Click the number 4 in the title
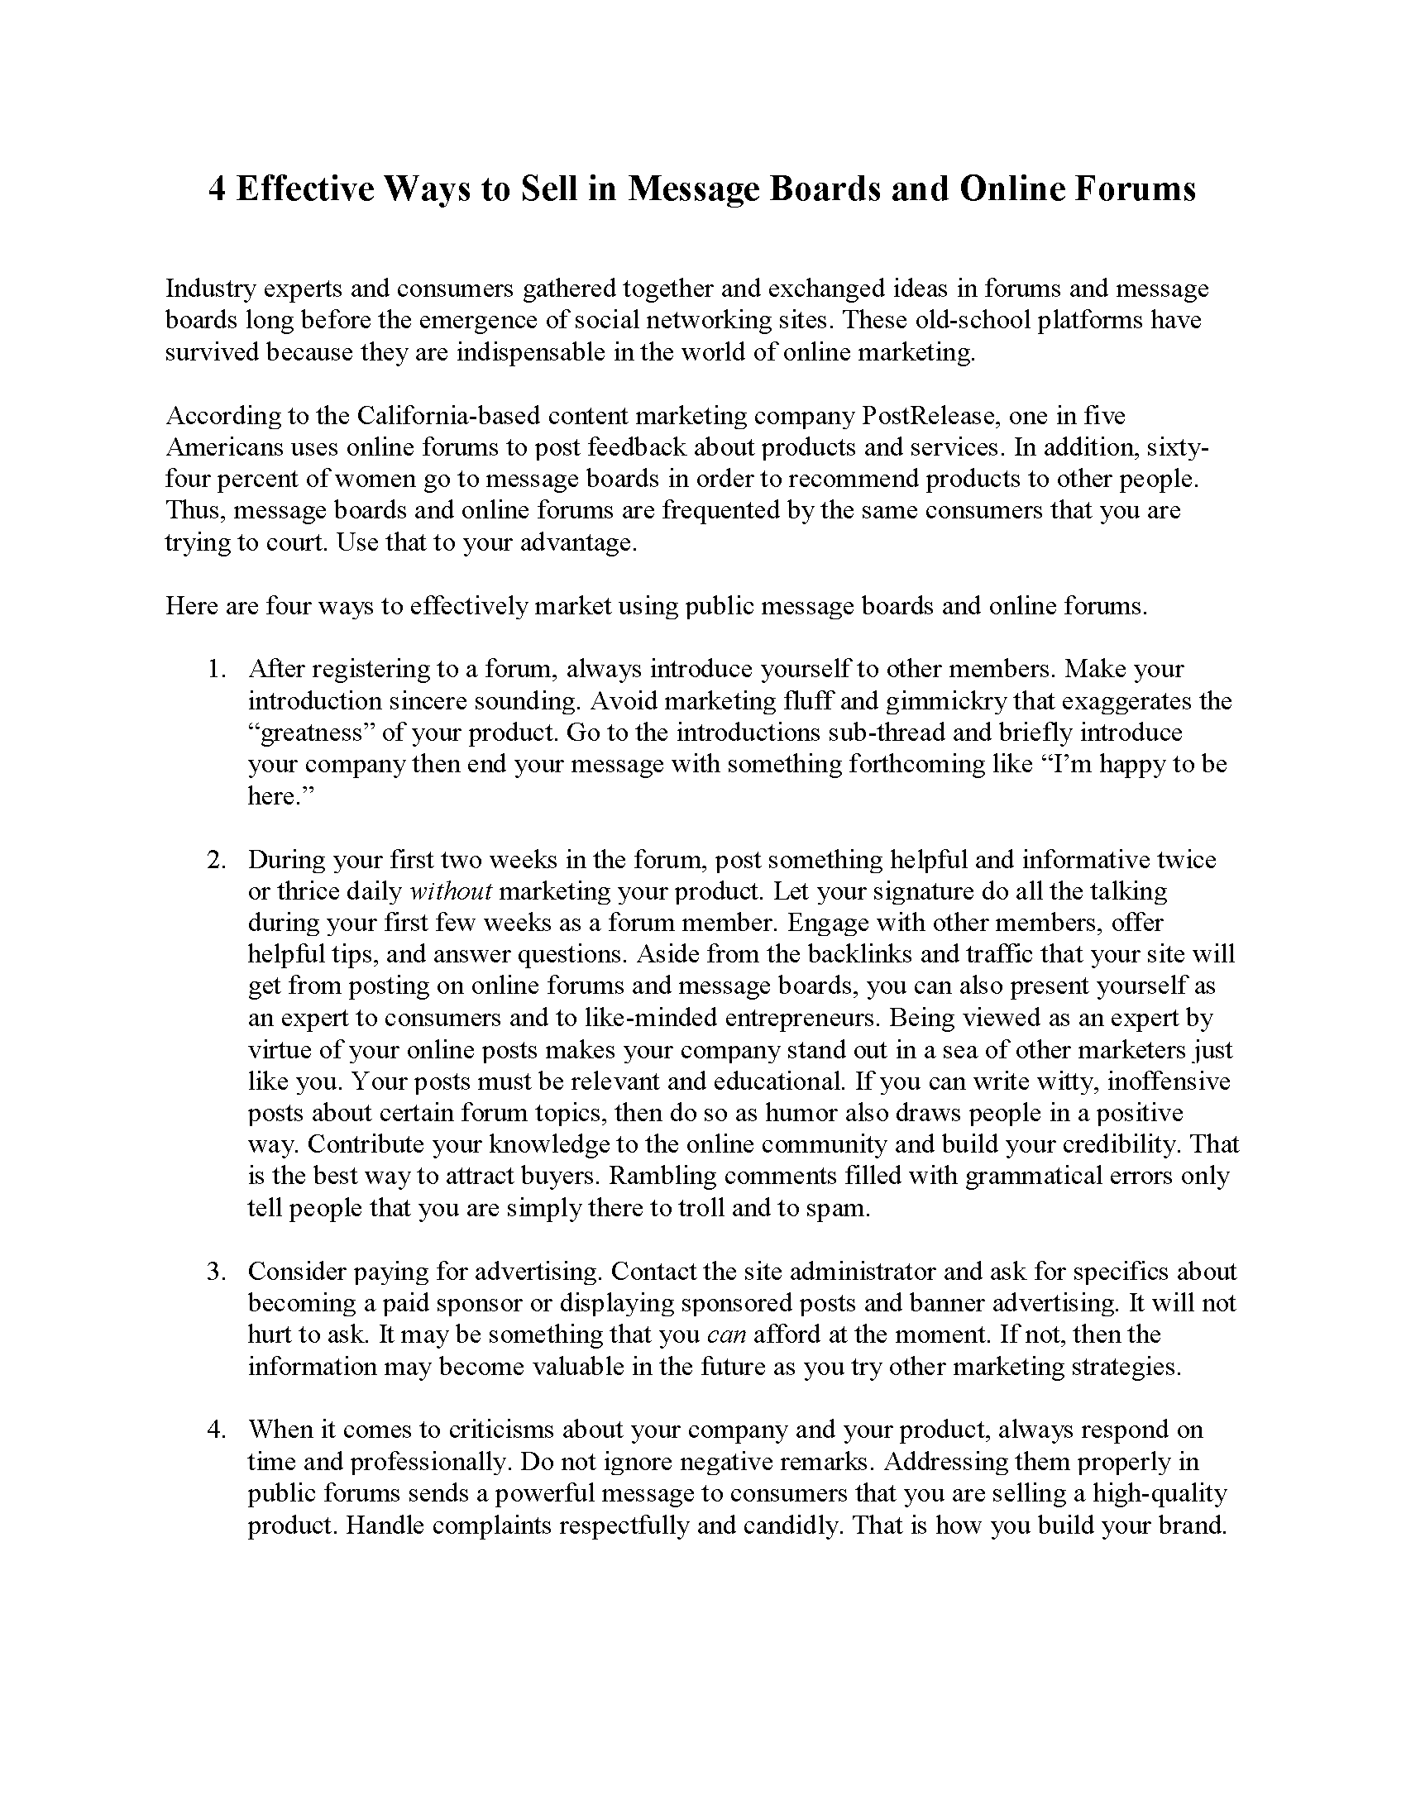[x=216, y=189]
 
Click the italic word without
[x=452, y=891]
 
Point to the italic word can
[x=725, y=1334]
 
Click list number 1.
[x=216, y=669]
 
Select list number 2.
[x=216, y=860]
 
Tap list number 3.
[x=216, y=1271]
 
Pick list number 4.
[x=216, y=1430]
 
